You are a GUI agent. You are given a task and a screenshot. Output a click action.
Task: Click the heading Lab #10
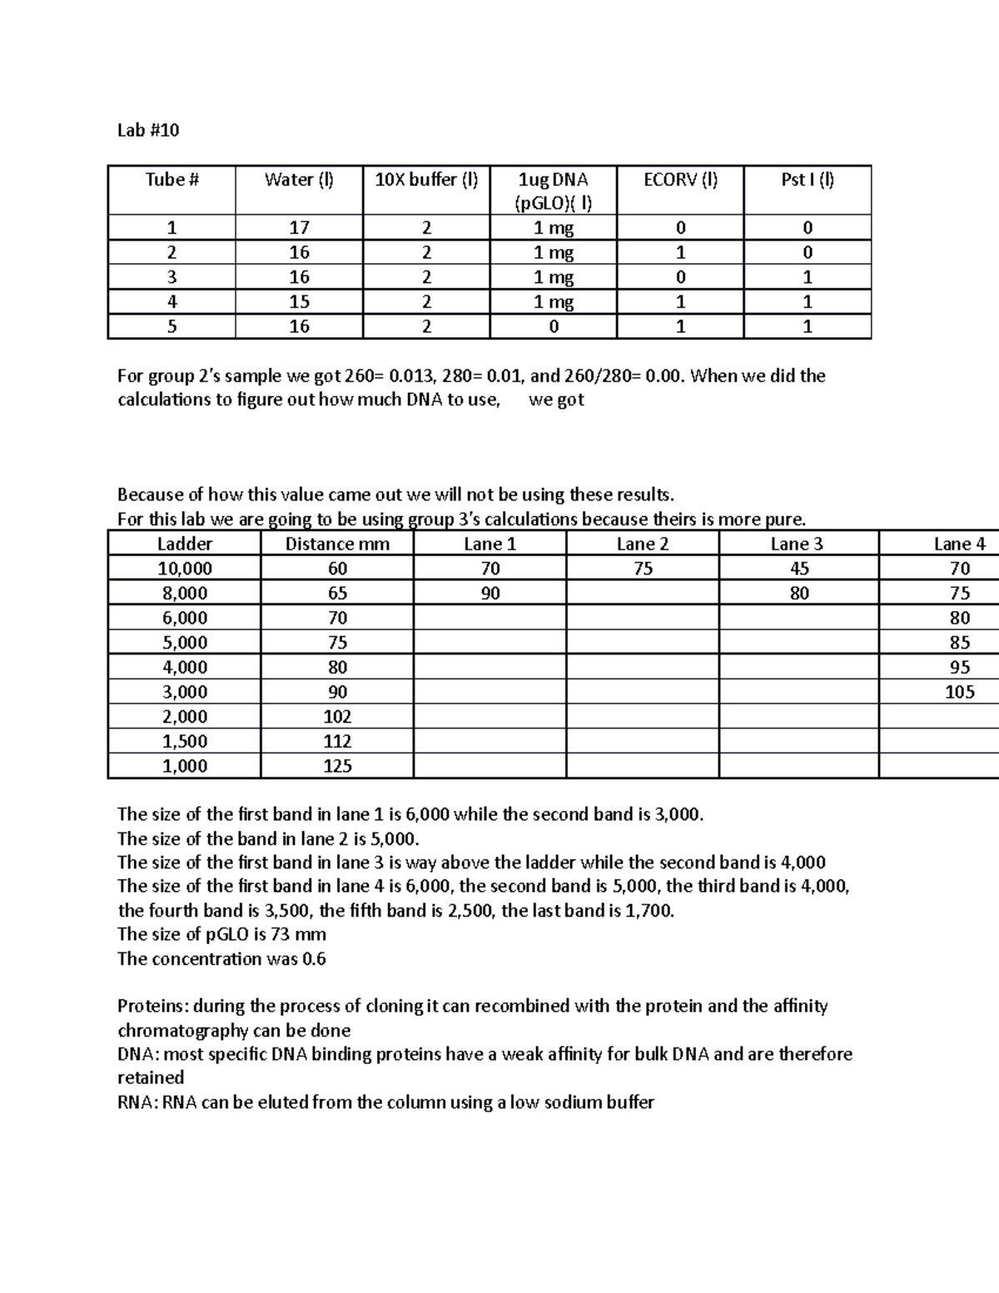[x=148, y=131]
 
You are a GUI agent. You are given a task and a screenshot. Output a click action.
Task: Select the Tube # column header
[x=171, y=180]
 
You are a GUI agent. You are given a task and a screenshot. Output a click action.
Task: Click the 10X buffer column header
[x=426, y=180]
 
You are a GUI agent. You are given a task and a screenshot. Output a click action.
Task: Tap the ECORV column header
[x=680, y=180]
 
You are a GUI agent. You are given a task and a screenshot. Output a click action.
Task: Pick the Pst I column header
[x=807, y=180]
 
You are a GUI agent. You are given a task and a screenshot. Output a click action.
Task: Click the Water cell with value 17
[x=299, y=228]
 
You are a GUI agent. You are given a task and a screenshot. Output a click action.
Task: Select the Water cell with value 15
[x=299, y=302]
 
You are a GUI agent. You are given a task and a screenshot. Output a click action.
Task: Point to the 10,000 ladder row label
[x=185, y=569]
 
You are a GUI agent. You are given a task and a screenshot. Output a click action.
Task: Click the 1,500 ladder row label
[x=185, y=742]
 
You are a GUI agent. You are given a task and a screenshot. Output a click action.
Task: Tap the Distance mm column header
[x=337, y=545]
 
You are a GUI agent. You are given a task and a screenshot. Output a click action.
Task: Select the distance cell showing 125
[x=337, y=766]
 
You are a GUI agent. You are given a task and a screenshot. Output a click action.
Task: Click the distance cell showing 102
[x=337, y=717]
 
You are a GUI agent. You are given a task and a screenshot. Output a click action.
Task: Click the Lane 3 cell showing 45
[x=799, y=569]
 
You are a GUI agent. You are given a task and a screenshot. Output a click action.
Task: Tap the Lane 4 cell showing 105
[x=959, y=692]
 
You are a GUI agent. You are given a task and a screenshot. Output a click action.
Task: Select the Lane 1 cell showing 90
[x=490, y=594]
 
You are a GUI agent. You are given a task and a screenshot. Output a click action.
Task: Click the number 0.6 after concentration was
[x=314, y=959]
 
